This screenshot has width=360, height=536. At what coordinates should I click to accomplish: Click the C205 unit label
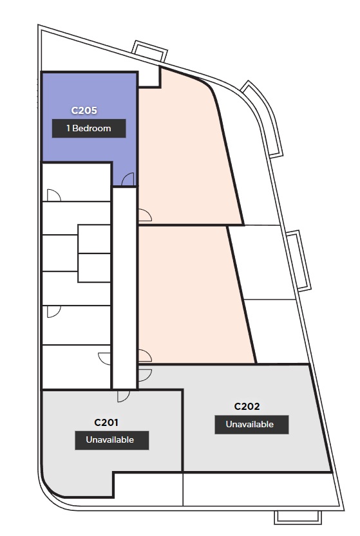tap(84, 111)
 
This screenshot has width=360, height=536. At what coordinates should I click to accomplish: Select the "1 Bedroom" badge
tap(89, 128)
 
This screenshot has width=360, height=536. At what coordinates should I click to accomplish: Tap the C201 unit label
tap(106, 423)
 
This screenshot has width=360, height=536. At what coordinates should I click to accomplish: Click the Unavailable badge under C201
tap(111, 440)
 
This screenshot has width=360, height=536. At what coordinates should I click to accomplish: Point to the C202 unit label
tap(247, 407)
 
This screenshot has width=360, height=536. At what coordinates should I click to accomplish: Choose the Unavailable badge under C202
tap(252, 425)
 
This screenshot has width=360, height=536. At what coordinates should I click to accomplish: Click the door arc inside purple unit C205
tap(128, 179)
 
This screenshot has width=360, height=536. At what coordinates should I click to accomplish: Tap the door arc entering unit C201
tap(124, 396)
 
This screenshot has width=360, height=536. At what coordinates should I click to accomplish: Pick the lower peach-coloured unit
tap(192, 294)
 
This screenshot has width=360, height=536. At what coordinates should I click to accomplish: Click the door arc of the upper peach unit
tap(145, 216)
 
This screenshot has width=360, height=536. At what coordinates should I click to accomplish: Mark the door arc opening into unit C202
tap(145, 375)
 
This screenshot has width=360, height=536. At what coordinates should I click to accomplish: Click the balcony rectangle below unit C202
tap(298, 517)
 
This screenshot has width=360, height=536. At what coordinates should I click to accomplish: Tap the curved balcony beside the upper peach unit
tap(265, 118)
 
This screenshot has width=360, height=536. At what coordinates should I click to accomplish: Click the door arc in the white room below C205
tap(53, 195)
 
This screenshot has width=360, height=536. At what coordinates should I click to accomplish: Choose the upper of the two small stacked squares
tap(94, 239)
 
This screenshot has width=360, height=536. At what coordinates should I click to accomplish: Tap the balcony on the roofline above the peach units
tap(150, 51)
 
